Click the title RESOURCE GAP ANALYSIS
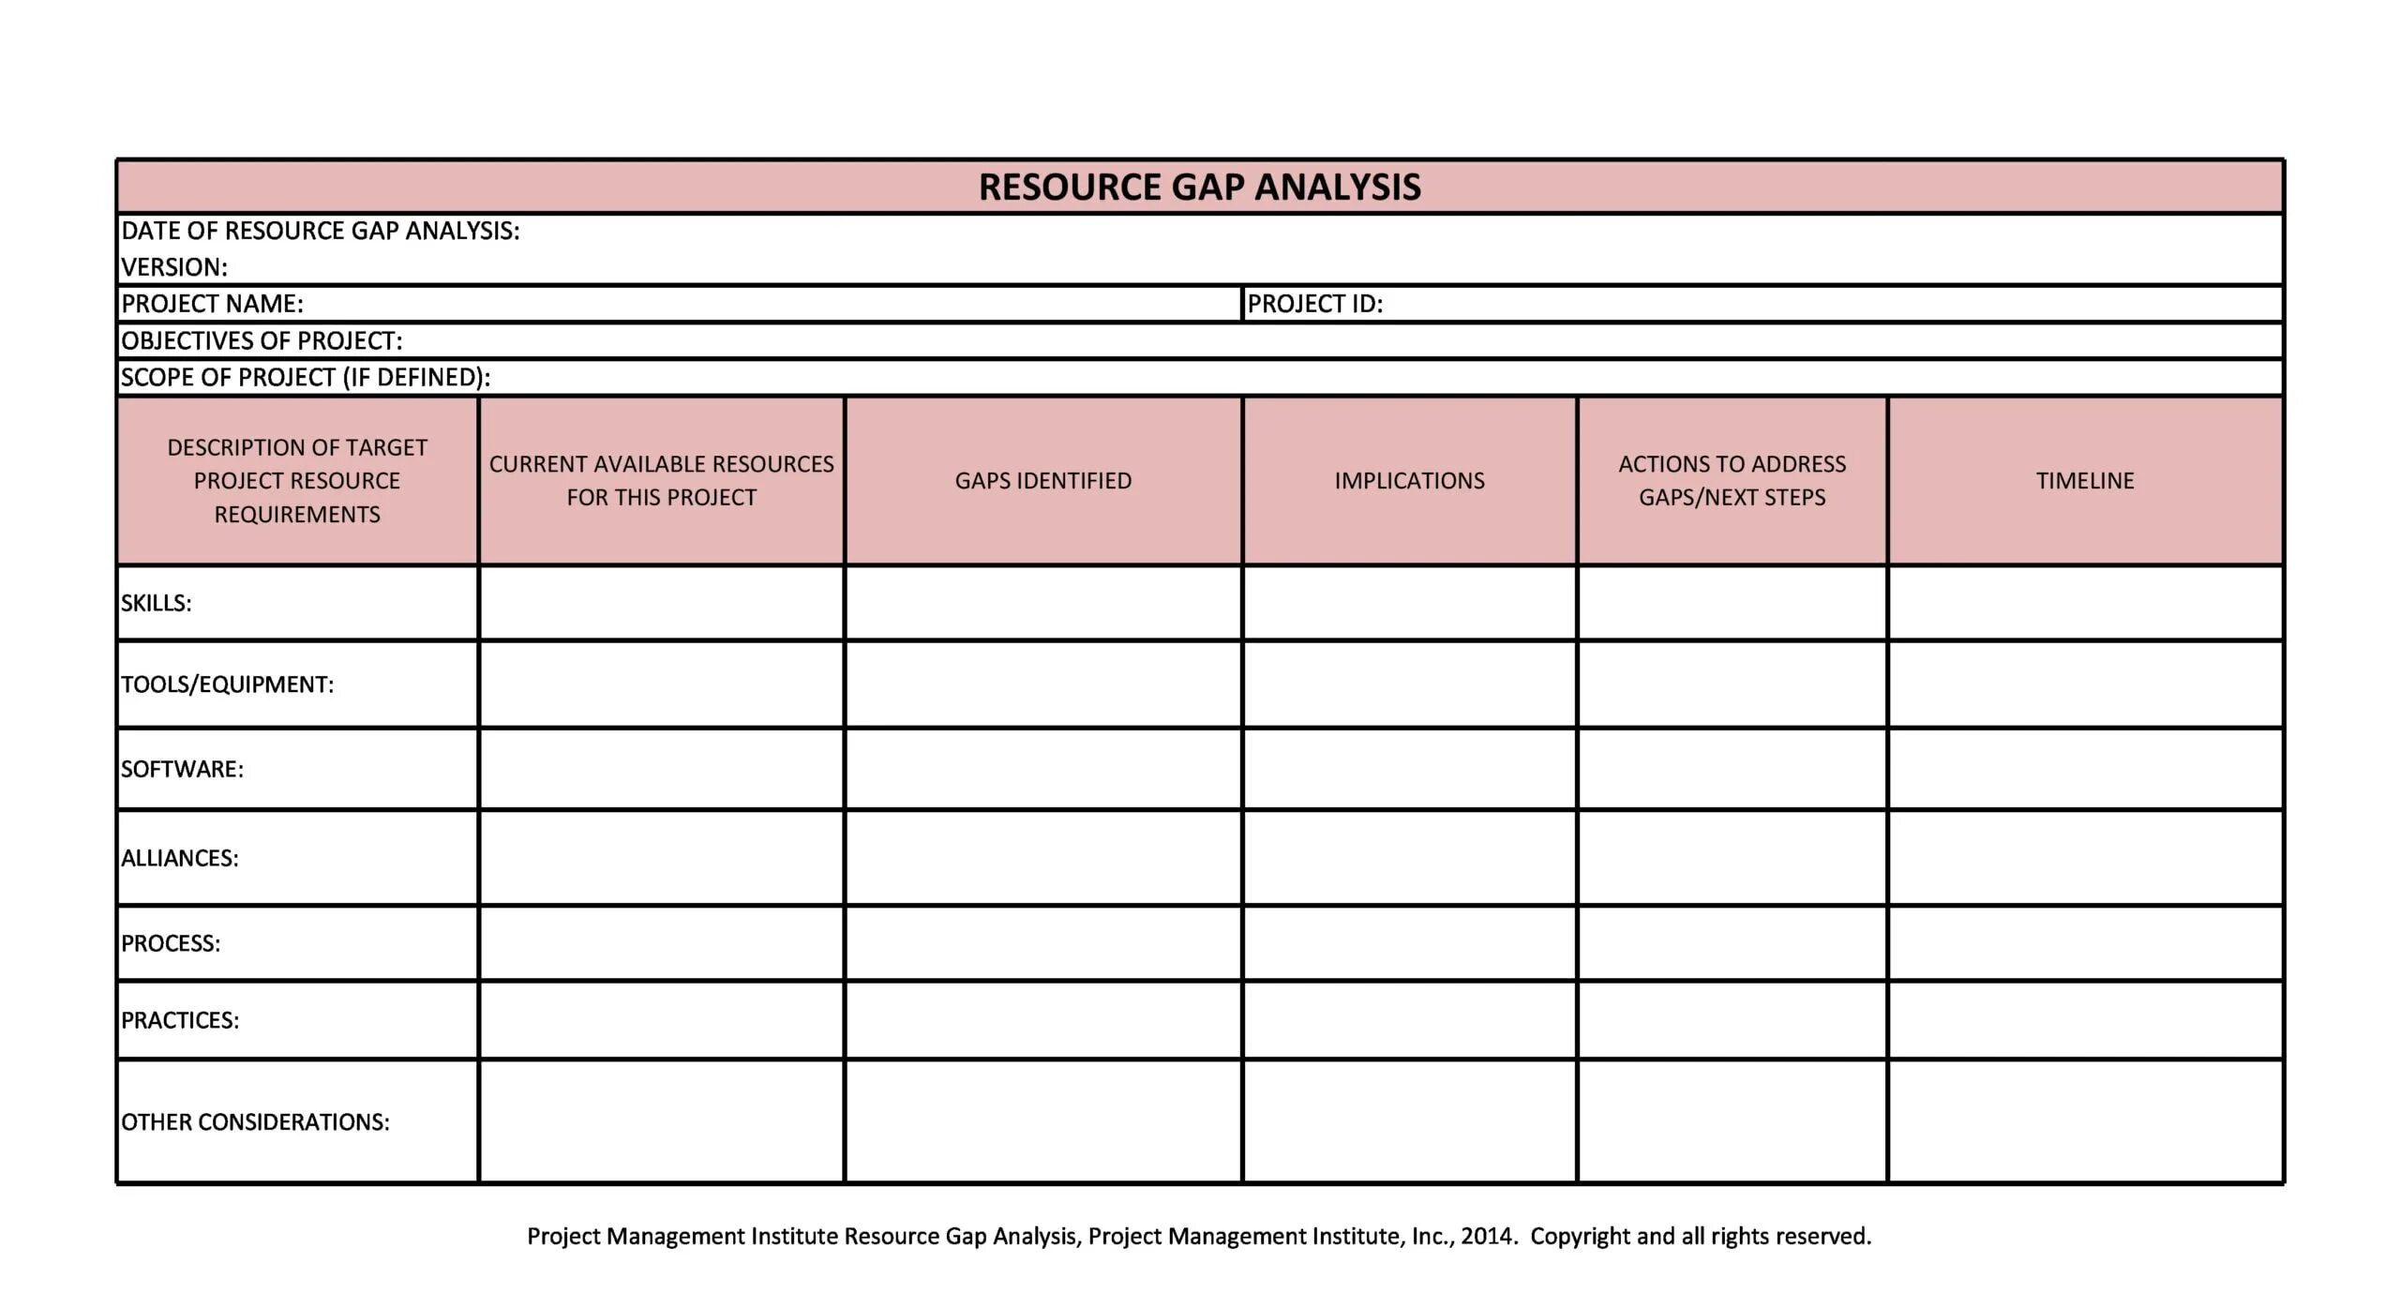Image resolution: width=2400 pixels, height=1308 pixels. tap(1199, 187)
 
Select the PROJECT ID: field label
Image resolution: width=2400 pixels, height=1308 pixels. tap(1314, 304)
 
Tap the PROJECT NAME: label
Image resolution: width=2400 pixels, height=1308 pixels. tap(212, 304)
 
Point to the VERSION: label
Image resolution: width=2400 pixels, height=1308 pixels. tap(174, 267)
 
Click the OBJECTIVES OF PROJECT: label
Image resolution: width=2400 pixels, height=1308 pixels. tap(262, 340)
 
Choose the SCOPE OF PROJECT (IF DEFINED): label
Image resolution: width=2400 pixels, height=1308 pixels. tap(306, 377)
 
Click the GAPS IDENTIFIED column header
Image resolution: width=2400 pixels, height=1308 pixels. tap(1042, 481)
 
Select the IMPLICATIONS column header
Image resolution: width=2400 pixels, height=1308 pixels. tap(1409, 481)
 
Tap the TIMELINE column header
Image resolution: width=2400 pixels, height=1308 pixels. tap(2085, 481)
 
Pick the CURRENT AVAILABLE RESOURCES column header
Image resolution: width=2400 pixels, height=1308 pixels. tap(661, 480)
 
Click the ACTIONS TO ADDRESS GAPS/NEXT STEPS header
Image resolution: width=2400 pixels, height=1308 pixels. tap(1732, 480)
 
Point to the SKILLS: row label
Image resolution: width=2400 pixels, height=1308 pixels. tap(156, 603)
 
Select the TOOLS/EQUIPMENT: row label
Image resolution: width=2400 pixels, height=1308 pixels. tap(227, 684)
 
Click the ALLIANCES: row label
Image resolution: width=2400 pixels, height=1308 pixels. tap(179, 858)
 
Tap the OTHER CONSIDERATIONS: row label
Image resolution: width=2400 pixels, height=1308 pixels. tap(255, 1122)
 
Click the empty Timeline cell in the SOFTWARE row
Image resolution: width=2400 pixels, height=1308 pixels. tap(2085, 769)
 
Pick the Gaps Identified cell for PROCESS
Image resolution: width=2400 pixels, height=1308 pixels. tap(1042, 943)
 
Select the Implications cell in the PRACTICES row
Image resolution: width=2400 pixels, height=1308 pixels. tap(1409, 1020)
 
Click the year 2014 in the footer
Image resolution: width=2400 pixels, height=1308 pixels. tap(1486, 1236)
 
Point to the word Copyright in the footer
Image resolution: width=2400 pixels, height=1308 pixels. tap(1580, 1236)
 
